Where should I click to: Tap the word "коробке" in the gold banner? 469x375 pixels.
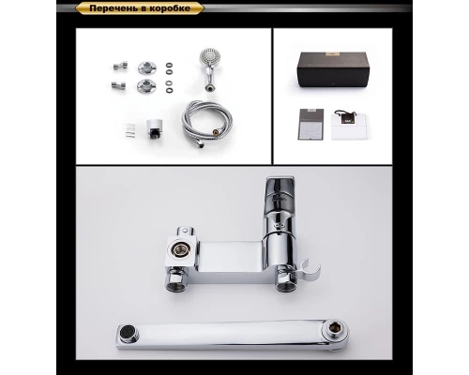[x=171, y=8]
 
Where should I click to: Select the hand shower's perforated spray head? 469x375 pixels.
[x=210, y=57]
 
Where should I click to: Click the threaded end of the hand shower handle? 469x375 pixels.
[x=210, y=88]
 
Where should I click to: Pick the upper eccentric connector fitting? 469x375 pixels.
[x=120, y=66]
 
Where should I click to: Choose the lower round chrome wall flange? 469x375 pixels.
[x=144, y=85]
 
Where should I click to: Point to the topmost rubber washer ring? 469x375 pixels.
[x=169, y=65]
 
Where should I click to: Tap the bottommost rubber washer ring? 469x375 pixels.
[x=169, y=90]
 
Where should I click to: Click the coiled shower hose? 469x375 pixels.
[x=207, y=125]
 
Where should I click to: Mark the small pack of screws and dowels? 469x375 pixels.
[x=130, y=130]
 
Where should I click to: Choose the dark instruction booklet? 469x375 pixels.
[x=310, y=125]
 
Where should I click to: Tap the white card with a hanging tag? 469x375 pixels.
[x=349, y=125]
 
